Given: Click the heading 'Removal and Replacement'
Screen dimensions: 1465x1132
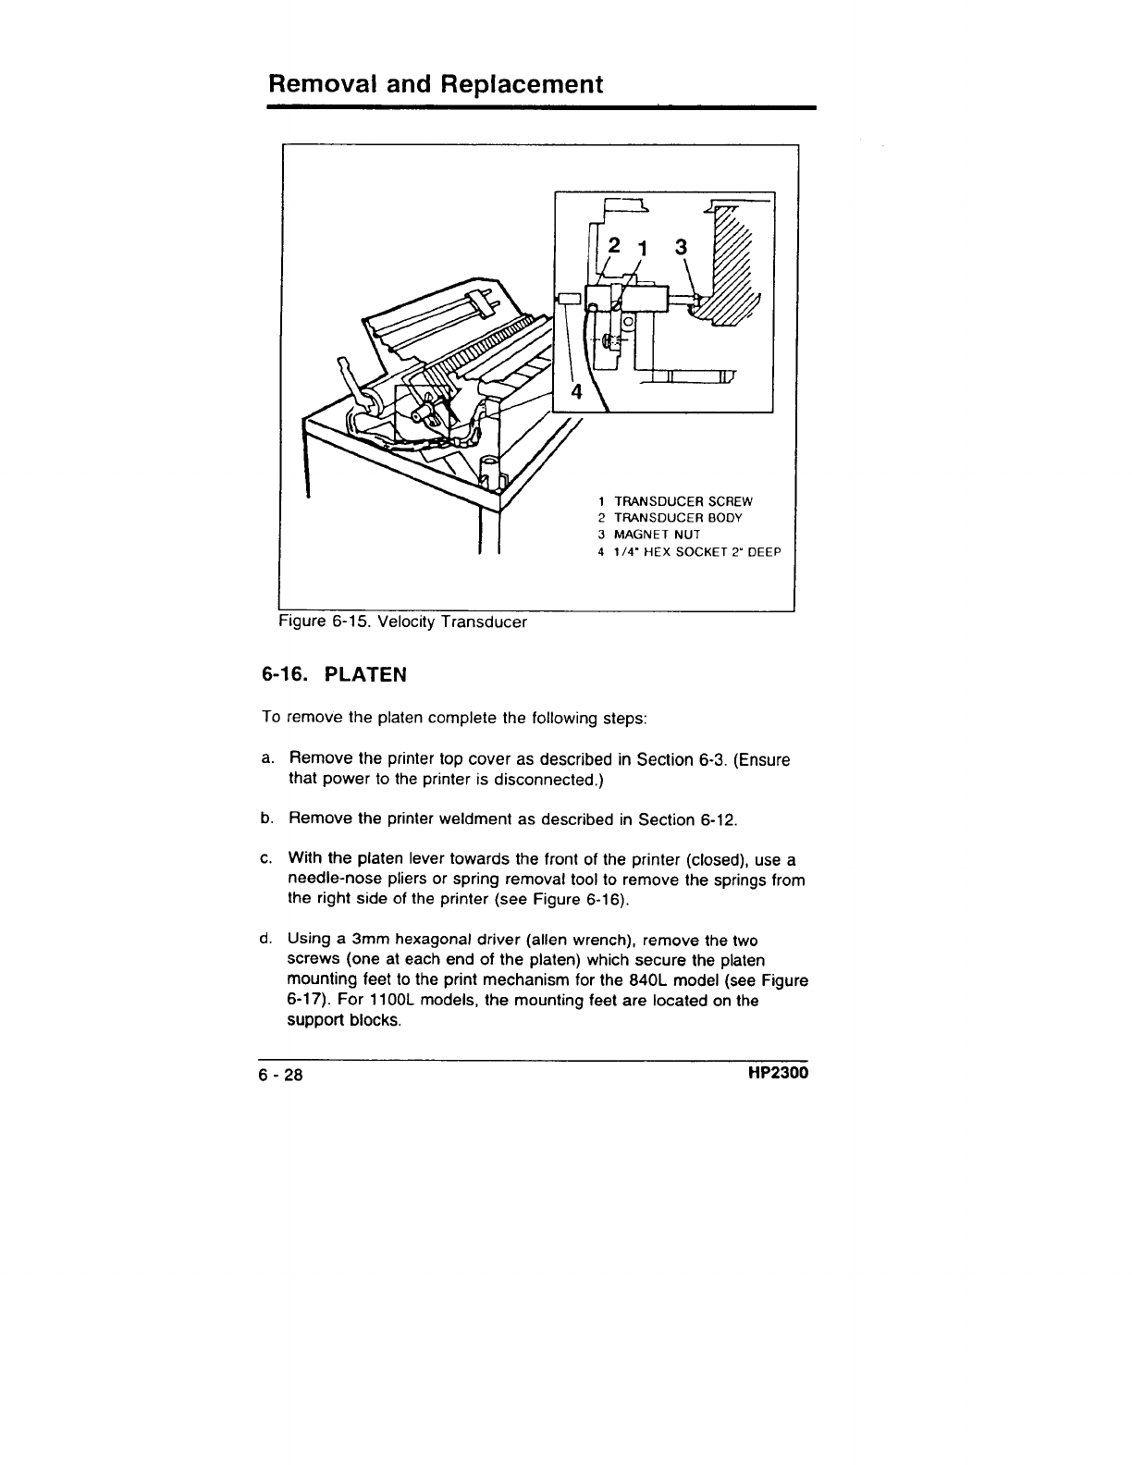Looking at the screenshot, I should pyautogui.click(x=435, y=85).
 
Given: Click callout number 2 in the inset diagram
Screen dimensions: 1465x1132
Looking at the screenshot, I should pyautogui.click(x=613, y=247).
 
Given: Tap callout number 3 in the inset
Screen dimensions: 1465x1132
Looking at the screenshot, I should pyautogui.click(x=682, y=247).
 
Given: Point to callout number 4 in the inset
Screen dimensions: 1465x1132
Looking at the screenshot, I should pyautogui.click(x=575, y=389).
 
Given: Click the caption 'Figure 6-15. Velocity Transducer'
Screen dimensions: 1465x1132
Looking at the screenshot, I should pyautogui.click(x=403, y=622).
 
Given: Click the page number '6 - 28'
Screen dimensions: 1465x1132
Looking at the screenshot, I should pyautogui.click(x=281, y=1076).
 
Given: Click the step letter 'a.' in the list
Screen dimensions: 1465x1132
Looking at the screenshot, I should pyautogui.click(x=266, y=760).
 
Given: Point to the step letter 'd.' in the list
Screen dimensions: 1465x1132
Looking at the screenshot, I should pyautogui.click(x=266, y=941).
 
